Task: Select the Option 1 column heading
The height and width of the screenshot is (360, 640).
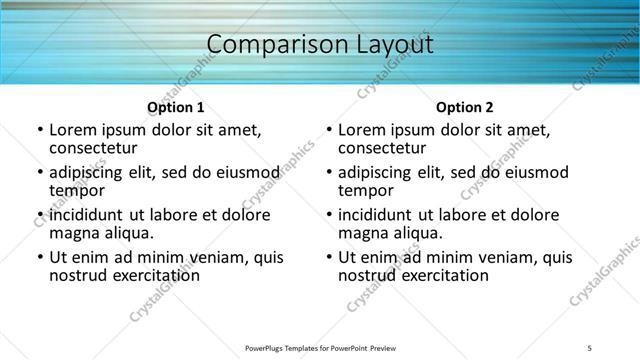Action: [176, 107]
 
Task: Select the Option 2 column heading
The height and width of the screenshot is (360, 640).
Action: [465, 107]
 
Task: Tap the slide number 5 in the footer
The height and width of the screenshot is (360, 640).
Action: [591, 347]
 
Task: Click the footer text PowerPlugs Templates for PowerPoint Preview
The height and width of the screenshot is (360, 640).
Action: [321, 347]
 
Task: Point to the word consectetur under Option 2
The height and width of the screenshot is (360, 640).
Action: [383, 149]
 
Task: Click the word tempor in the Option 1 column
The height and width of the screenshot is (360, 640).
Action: [77, 191]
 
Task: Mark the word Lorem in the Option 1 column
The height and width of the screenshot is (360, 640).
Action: [75, 130]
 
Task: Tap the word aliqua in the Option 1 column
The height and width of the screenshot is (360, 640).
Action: [130, 233]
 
